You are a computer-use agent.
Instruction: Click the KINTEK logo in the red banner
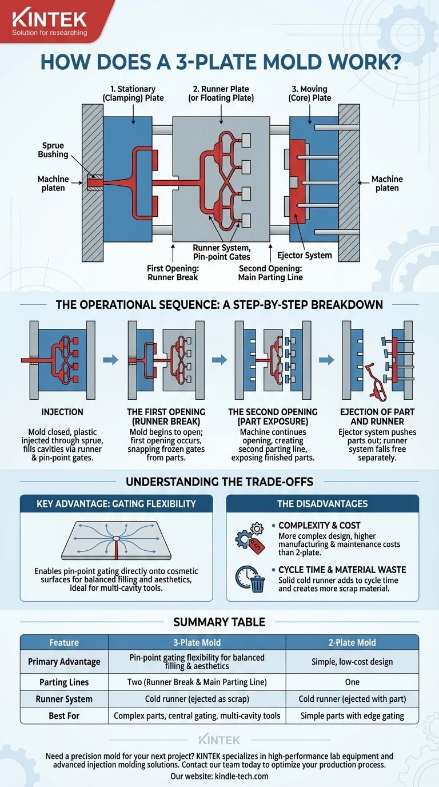pos(50,19)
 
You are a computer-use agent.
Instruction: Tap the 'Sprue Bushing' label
pos(53,150)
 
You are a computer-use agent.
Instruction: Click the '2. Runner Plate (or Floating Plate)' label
pos(221,93)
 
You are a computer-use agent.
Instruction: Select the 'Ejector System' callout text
pos(305,256)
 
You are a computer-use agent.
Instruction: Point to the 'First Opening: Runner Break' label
pos(173,273)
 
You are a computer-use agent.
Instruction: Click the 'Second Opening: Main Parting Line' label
pos(270,273)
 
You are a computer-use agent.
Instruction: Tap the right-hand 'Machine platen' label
pos(387,184)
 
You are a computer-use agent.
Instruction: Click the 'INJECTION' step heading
pos(62,412)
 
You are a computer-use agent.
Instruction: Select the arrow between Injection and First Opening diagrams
pos(111,359)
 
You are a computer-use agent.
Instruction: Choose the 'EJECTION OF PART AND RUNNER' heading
pos(377,417)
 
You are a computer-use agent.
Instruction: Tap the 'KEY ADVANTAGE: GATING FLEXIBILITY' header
pos(116,504)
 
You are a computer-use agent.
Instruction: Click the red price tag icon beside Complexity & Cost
pos(257,546)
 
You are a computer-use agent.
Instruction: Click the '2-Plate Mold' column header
pos(352,643)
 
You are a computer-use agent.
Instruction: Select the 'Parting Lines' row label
pos(64,682)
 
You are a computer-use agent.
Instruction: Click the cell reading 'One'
pos(352,682)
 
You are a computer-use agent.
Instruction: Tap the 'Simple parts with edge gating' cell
pos(352,716)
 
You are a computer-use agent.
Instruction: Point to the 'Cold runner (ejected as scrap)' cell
pos(197,699)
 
